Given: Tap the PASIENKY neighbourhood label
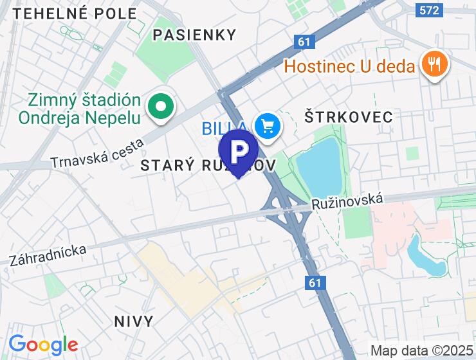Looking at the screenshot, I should pyautogui.click(x=195, y=34).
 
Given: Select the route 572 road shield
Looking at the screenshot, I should pyautogui.click(x=429, y=10).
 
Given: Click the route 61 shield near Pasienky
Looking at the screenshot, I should pyautogui.click(x=305, y=42).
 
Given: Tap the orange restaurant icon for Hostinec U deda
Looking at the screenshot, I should pyautogui.click(x=435, y=65).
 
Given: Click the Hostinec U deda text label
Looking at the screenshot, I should pyautogui.click(x=349, y=66).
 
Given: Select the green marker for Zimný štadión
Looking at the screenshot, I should pyautogui.click(x=160, y=107).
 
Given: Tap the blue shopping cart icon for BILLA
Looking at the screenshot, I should pyautogui.click(x=267, y=127).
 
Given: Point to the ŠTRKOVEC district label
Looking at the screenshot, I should pyautogui.click(x=348, y=117).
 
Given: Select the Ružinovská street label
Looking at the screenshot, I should pyautogui.click(x=347, y=201).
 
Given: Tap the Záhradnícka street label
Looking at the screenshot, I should pyautogui.click(x=48, y=255).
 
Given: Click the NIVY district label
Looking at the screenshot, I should pyautogui.click(x=133, y=321).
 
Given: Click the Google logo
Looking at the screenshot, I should pyautogui.click(x=43, y=345).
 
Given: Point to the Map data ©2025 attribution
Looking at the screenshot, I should pyautogui.click(x=421, y=351).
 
